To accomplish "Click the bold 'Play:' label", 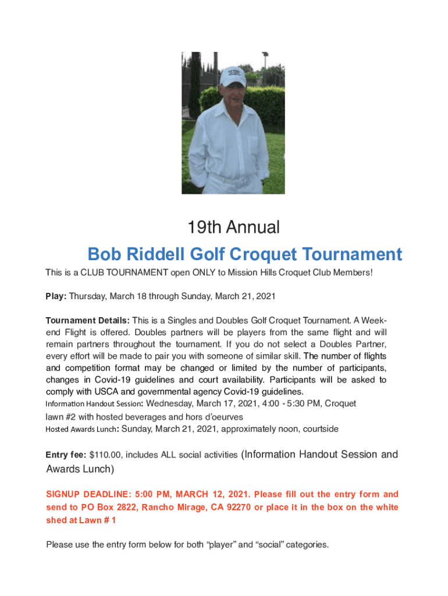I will click(x=56, y=296).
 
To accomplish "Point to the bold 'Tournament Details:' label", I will click(x=88, y=321).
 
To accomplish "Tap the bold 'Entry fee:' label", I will click(x=66, y=455).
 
